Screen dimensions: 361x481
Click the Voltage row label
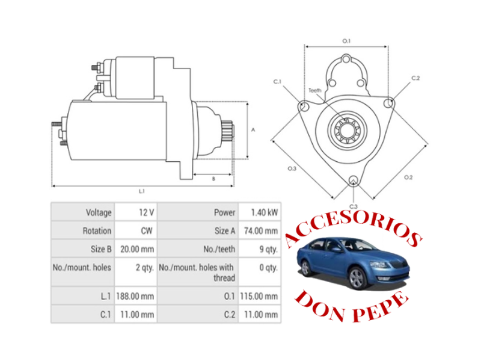tap(99, 212)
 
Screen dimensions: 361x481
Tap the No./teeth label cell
tap(219, 248)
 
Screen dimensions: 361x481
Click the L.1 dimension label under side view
tap(142, 191)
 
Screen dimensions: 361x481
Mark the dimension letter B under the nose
tap(213, 179)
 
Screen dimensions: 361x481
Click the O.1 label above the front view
tap(346, 40)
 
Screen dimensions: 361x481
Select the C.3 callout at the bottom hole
tap(354, 206)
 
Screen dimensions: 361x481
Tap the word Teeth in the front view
tap(315, 91)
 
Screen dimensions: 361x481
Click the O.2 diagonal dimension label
tap(408, 177)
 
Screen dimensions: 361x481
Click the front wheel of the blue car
tap(357, 278)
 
